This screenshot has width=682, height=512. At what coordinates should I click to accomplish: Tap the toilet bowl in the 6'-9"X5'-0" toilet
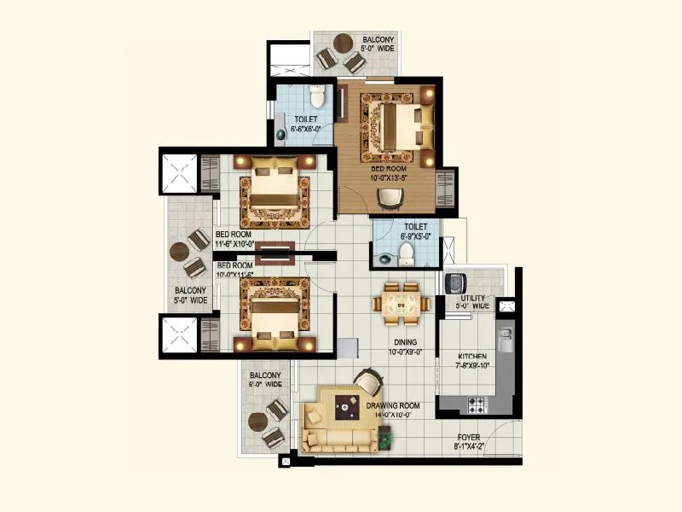(x=407, y=252)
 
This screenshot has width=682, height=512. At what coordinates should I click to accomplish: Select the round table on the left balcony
(x=179, y=253)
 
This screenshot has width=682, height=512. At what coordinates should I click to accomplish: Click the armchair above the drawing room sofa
(x=367, y=381)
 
